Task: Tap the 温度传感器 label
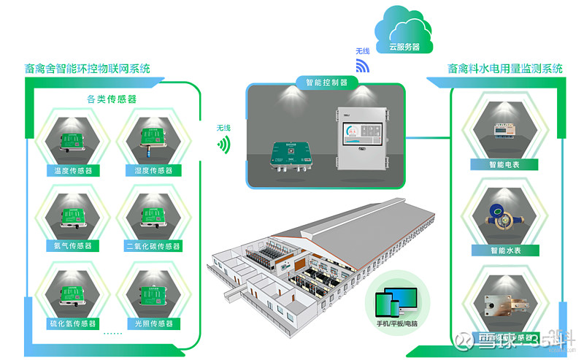(x=72, y=170)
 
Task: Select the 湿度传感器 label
(x=153, y=170)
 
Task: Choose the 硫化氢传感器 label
(x=72, y=321)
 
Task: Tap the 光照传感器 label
(x=153, y=321)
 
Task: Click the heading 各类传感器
(x=112, y=99)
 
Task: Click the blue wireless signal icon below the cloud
(x=363, y=66)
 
